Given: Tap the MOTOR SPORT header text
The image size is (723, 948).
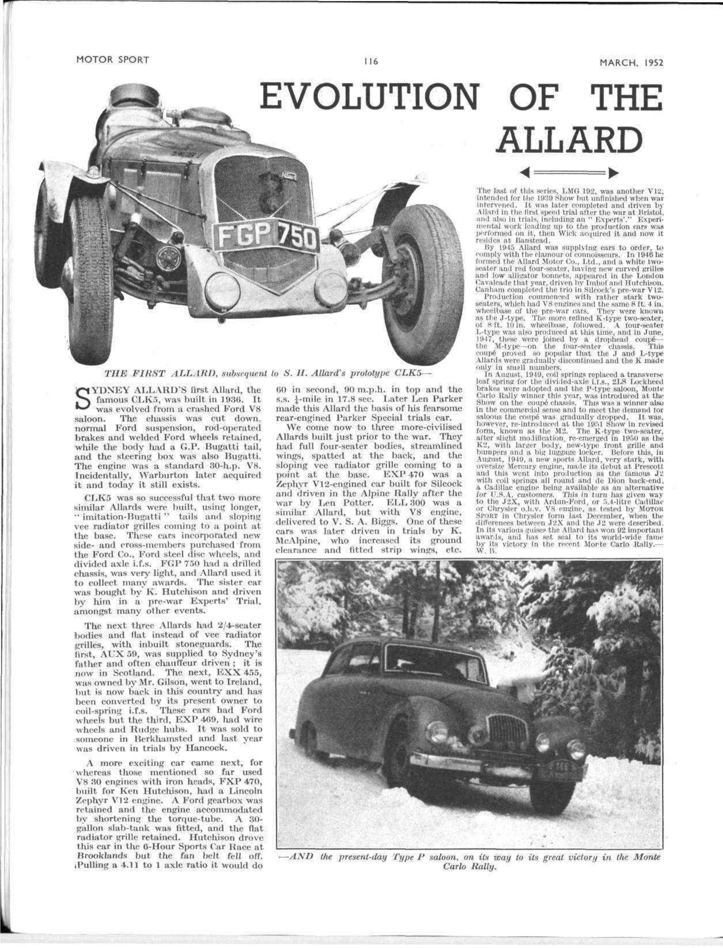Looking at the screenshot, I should click(113, 60).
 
